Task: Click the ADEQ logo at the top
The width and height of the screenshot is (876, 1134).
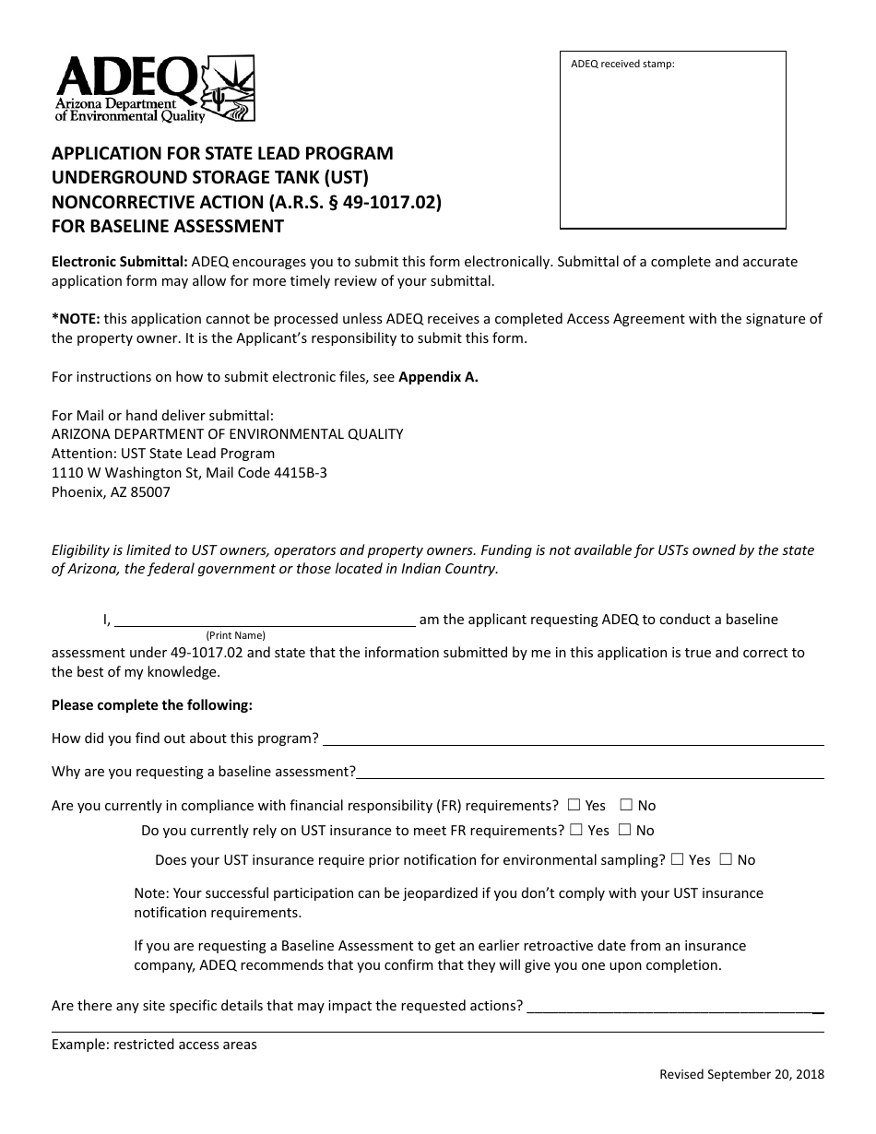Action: pyautogui.click(x=155, y=89)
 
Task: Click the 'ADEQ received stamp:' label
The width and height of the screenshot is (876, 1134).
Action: pyautogui.click(x=622, y=65)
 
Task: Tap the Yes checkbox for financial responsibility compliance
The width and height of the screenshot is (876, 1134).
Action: pyautogui.click(x=575, y=805)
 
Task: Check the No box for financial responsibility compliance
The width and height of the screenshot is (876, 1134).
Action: pyautogui.click(x=626, y=805)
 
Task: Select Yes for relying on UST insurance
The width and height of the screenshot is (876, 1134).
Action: pyautogui.click(x=576, y=830)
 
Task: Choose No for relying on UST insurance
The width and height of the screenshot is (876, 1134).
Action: pyautogui.click(x=624, y=830)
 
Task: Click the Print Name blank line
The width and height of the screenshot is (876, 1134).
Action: pyautogui.click(x=265, y=620)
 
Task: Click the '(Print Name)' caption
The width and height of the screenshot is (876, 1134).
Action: pyautogui.click(x=235, y=635)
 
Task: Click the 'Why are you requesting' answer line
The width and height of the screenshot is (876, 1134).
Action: pyautogui.click(x=590, y=772)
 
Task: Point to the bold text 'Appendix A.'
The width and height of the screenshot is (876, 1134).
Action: pyautogui.click(x=438, y=377)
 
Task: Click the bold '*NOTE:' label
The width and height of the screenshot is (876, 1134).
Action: pyautogui.click(x=76, y=319)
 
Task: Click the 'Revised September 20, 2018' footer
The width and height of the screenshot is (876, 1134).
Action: pyautogui.click(x=741, y=1074)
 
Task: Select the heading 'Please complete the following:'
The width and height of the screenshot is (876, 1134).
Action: pyautogui.click(x=152, y=705)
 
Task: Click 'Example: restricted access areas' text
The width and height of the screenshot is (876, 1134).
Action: pyautogui.click(x=154, y=1045)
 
